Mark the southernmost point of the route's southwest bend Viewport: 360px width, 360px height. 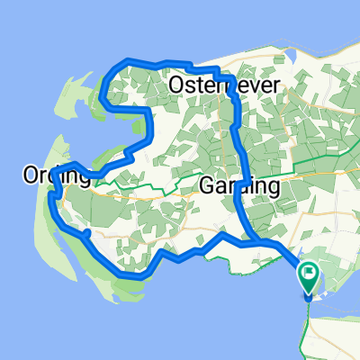pyautogui.click(x=135, y=277)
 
